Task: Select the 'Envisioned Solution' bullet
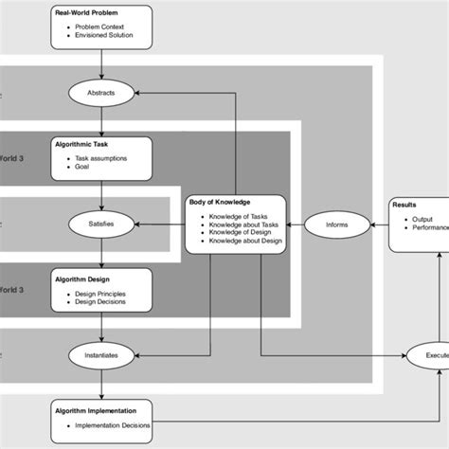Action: [x=105, y=37]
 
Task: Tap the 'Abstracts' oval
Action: [x=100, y=93]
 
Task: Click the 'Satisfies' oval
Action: [x=100, y=224]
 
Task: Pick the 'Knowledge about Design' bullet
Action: [x=248, y=240]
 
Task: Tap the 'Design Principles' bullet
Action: [x=105, y=294]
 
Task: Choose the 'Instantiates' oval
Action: [x=100, y=355]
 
